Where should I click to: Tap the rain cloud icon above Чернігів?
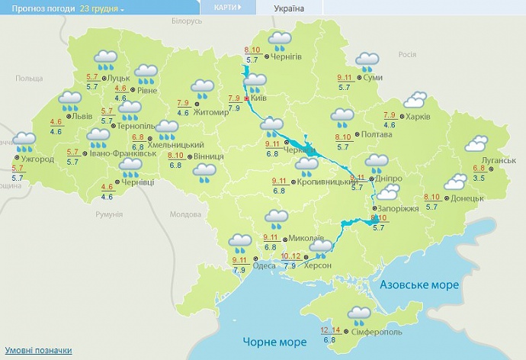pyautogui.click(x=280, y=40)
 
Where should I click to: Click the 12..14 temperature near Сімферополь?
pyautogui.click(x=330, y=329)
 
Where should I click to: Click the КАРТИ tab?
pyautogui.click(x=226, y=8)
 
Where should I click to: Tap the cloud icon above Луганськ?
pyautogui.click(x=477, y=143)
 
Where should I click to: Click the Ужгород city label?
pyautogui.click(x=37, y=159)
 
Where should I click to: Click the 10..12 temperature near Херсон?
pyautogui.click(x=290, y=256)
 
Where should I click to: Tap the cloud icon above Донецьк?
pyautogui.click(x=455, y=182)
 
